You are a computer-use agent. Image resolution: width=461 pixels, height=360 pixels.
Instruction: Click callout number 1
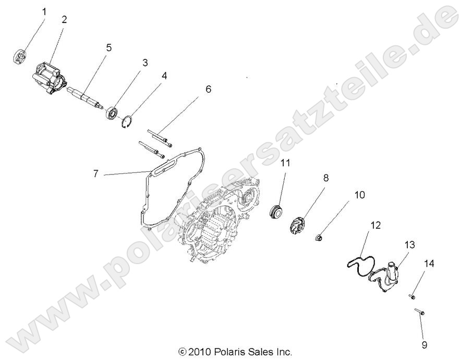(x=44, y=11)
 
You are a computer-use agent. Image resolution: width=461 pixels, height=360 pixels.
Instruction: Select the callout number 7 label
(x=95, y=173)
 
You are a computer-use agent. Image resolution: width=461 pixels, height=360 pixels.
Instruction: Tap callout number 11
(x=285, y=163)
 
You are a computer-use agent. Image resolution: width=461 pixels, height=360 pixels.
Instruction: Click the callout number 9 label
(x=424, y=344)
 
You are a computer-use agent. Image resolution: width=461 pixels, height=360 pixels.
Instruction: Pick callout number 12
(x=375, y=226)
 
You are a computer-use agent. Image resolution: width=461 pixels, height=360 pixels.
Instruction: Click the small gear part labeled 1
(x=20, y=55)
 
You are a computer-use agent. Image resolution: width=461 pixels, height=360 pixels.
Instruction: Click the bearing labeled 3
(x=113, y=113)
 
